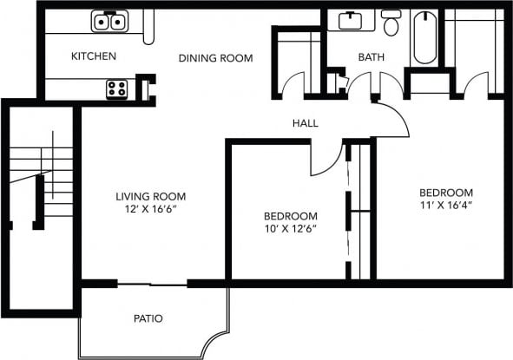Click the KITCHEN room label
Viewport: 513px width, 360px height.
pyautogui.click(x=94, y=56)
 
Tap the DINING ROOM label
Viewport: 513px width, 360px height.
pyautogui.click(x=215, y=58)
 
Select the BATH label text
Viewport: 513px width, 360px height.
pyautogui.click(x=372, y=57)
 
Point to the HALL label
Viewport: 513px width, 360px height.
pyautogui.click(x=305, y=123)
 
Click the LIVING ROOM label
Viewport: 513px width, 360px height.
pyautogui.click(x=150, y=196)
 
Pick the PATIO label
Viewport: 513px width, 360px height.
pyautogui.click(x=148, y=318)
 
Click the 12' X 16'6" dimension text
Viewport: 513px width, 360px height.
pyautogui.click(x=150, y=210)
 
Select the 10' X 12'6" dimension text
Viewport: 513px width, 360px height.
pyautogui.click(x=291, y=230)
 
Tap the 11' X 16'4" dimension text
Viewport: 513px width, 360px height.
pyautogui.click(x=445, y=206)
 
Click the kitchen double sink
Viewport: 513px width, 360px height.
pyautogui.click(x=110, y=21)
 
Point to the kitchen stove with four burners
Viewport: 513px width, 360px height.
pyautogui.click(x=116, y=88)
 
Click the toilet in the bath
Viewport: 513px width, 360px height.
pyautogui.click(x=391, y=23)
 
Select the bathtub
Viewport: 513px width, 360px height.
pyautogui.click(x=424, y=36)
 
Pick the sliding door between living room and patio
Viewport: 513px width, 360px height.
pyautogui.click(x=153, y=284)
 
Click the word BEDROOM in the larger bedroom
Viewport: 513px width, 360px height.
pyautogui.click(x=445, y=193)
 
